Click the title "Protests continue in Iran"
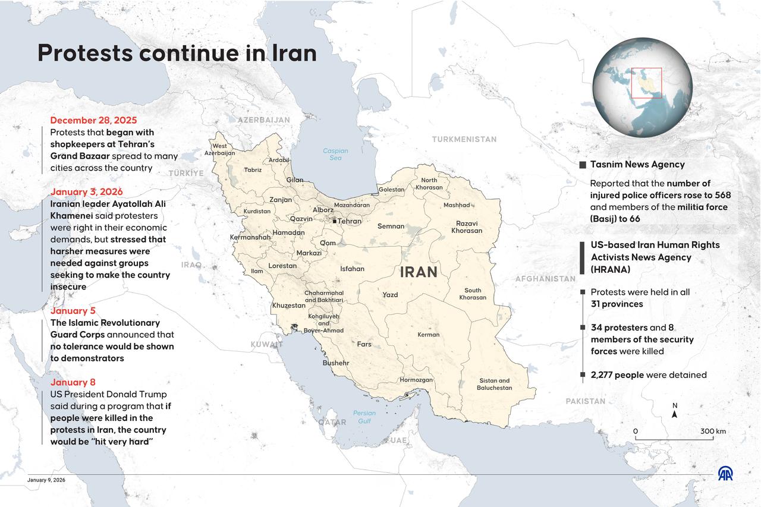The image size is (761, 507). point(177,53)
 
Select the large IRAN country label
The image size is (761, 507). point(419,272)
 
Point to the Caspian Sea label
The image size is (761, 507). point(335,155)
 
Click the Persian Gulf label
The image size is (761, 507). point(364,417)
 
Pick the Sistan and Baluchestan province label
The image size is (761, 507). point(494,385)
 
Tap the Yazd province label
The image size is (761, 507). point(390,295)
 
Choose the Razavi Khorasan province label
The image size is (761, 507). point(467,227)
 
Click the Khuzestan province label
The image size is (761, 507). point(288,306)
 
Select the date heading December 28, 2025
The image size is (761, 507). point(93,121)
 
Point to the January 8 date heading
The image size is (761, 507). point(73,382)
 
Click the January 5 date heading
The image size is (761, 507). point(73,311)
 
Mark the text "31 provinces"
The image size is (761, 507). point(617,304)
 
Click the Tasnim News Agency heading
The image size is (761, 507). point(637,165)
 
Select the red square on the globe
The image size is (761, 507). point(646,83)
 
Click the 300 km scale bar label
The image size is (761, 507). point(713,432)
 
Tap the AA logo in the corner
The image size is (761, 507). point(725,473)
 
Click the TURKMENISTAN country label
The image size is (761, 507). point(464,139)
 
